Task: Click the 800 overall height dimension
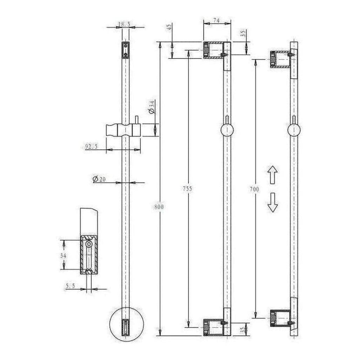point(160,207)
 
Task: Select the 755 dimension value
point(187,189)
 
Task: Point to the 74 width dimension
point(217,21)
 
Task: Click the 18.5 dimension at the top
point(125,24)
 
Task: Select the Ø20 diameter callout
point(99,179)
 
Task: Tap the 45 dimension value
point(170,27)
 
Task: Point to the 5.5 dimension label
point(70,286)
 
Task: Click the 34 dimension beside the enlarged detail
point(63,255)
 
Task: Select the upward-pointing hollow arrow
point(272,175)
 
